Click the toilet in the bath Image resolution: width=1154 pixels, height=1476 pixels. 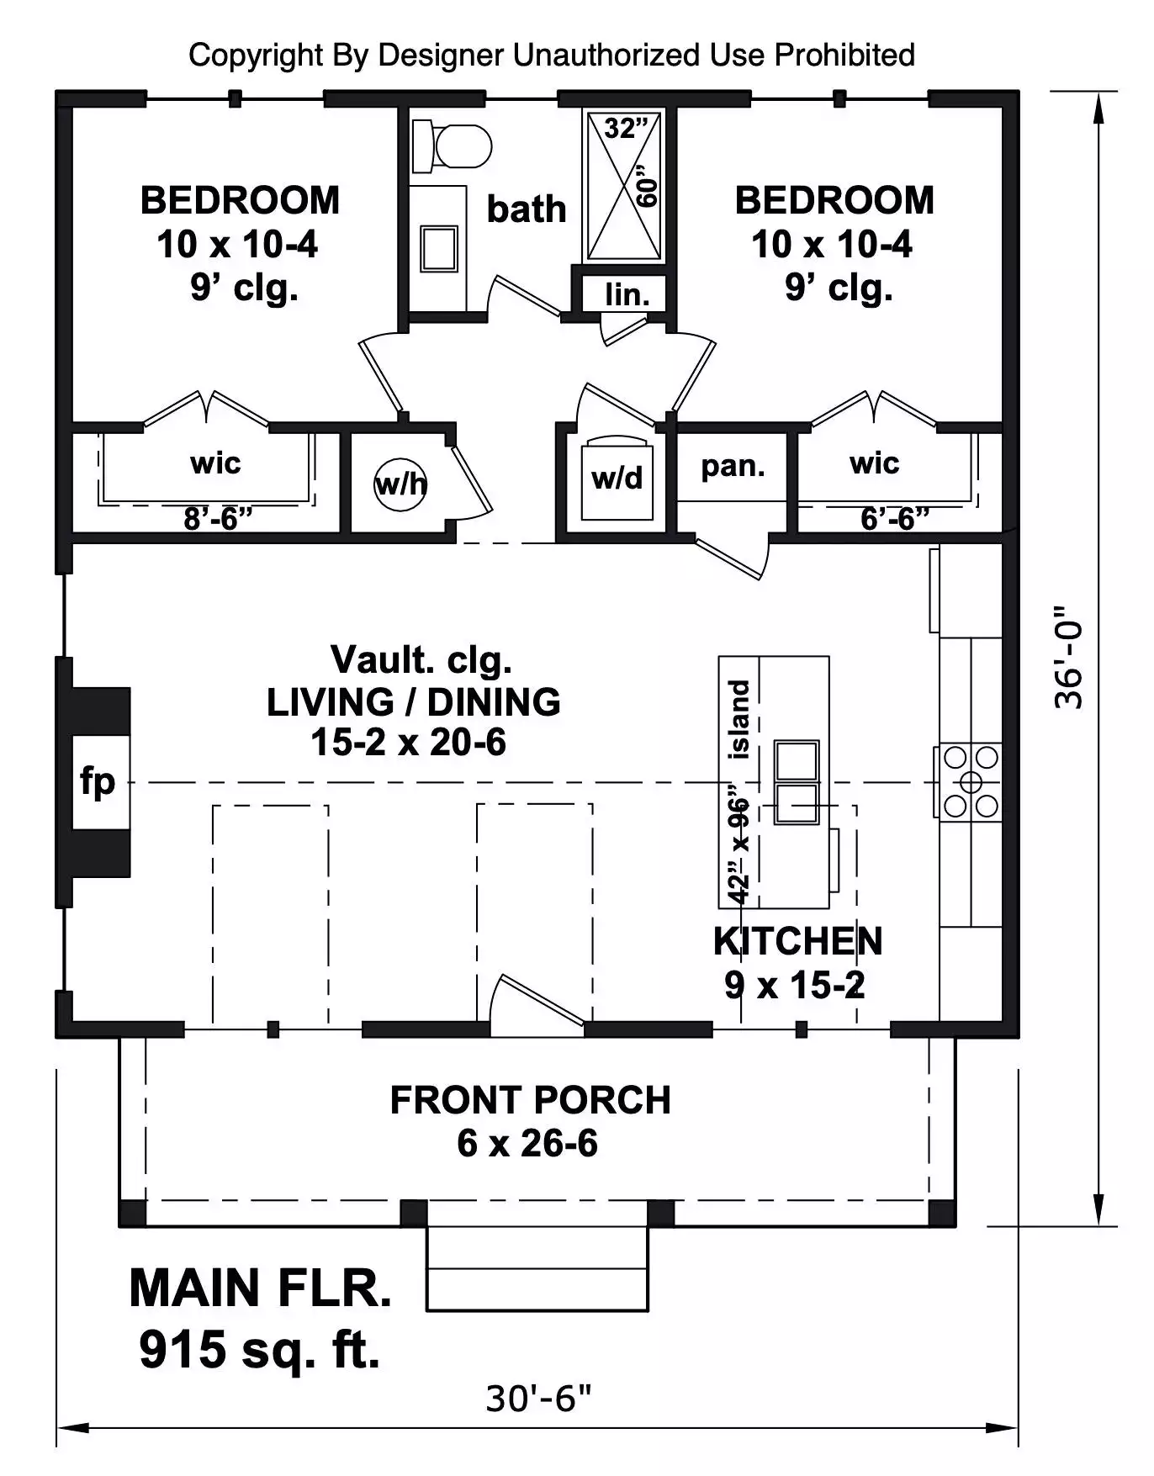point(451,146)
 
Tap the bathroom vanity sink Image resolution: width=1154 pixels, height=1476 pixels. point(439,249)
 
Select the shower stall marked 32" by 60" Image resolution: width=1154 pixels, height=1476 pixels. point(623,185)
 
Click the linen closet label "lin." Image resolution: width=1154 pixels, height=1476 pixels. point(627,294)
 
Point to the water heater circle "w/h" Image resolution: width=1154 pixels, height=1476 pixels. point(400,484)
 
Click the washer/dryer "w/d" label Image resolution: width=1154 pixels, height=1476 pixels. point(617,478)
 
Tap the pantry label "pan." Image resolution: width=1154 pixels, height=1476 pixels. point(733,466)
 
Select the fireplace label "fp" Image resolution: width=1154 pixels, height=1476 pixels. point(98,781)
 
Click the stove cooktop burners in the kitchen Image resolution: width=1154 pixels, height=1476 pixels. point(970,782)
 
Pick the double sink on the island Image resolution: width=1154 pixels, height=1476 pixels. point(796,782)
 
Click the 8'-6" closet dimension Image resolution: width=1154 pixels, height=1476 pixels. point(218,519)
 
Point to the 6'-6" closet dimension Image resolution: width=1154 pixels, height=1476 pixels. point(894,519)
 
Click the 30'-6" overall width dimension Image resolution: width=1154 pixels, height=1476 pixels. point(538,1399)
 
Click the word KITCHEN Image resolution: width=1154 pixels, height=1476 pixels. point(797,941)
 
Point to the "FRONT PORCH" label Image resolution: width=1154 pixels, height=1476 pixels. point(530,1100)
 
